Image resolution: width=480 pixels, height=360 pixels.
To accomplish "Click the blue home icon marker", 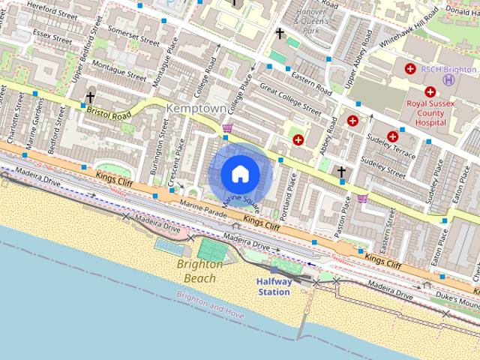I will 240,174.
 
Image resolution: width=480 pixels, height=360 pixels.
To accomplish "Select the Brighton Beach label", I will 199,271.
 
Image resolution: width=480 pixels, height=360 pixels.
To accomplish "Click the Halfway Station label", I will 274,286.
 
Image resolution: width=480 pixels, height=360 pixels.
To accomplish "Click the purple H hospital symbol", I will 449,79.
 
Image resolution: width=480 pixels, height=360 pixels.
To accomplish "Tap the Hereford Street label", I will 52,10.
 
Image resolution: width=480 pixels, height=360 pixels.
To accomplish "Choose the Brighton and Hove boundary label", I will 211,305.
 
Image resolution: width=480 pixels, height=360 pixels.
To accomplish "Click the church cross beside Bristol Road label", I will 90,97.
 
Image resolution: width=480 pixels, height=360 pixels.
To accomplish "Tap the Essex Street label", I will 50,35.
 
